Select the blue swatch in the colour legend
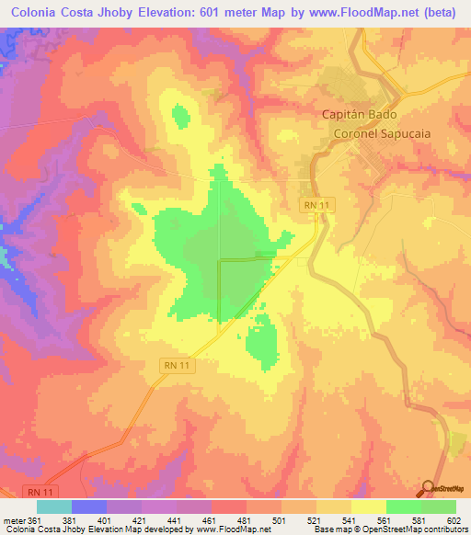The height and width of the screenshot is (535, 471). pyautogui.click(x=88, y=507)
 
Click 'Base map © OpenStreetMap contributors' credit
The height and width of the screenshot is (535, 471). pyautogui.click(x=389, y=529)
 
